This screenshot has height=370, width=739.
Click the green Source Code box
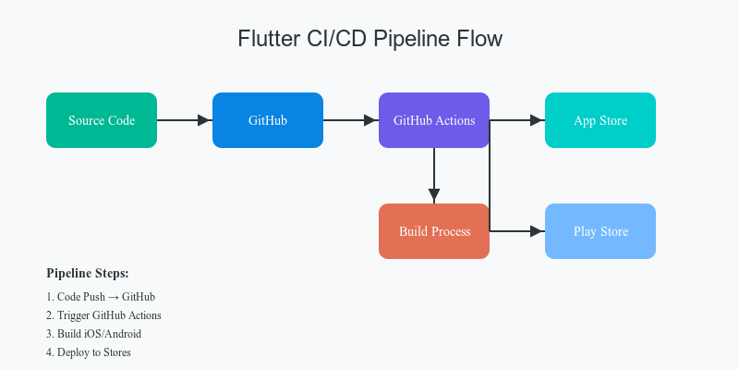tap(102, 120)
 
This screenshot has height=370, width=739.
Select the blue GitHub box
tap(268, 120)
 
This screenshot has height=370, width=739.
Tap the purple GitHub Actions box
tap(434, 120)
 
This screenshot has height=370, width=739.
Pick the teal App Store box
tap(600, 120)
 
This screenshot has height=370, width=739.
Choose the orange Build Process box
tap(434, 231)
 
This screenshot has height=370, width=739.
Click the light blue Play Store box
tap(600, 231)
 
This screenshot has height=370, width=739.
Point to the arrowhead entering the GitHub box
tap(205, 120)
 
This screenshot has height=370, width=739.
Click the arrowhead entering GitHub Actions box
tap(371, 120)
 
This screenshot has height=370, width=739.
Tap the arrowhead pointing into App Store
tap(538, 120)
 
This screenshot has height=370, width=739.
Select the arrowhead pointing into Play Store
tap(538, 231)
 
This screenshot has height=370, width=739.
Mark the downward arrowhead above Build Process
tap(434, 196)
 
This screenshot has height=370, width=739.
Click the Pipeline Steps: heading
tap(88, 274)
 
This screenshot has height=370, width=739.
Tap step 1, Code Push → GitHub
tap(101, 297)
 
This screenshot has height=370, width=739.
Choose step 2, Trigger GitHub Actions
tap(103, 315)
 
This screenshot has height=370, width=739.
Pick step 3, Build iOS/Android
tap(93, 334)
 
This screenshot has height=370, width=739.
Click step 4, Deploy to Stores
tap(89, 352)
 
